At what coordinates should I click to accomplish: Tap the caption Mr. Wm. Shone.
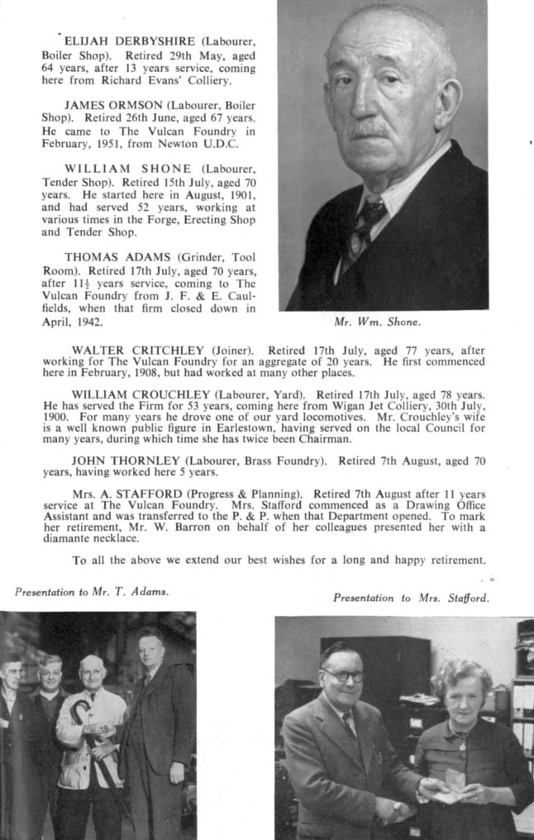[x=371, y=321]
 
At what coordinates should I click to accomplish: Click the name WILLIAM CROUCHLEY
[x=126, y=394]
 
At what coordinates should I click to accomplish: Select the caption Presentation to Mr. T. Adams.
[x=91, y=591]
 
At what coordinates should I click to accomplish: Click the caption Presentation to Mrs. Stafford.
[x=411, y=597]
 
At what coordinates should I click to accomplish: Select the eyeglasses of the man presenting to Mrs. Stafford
[x=344, y=675]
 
